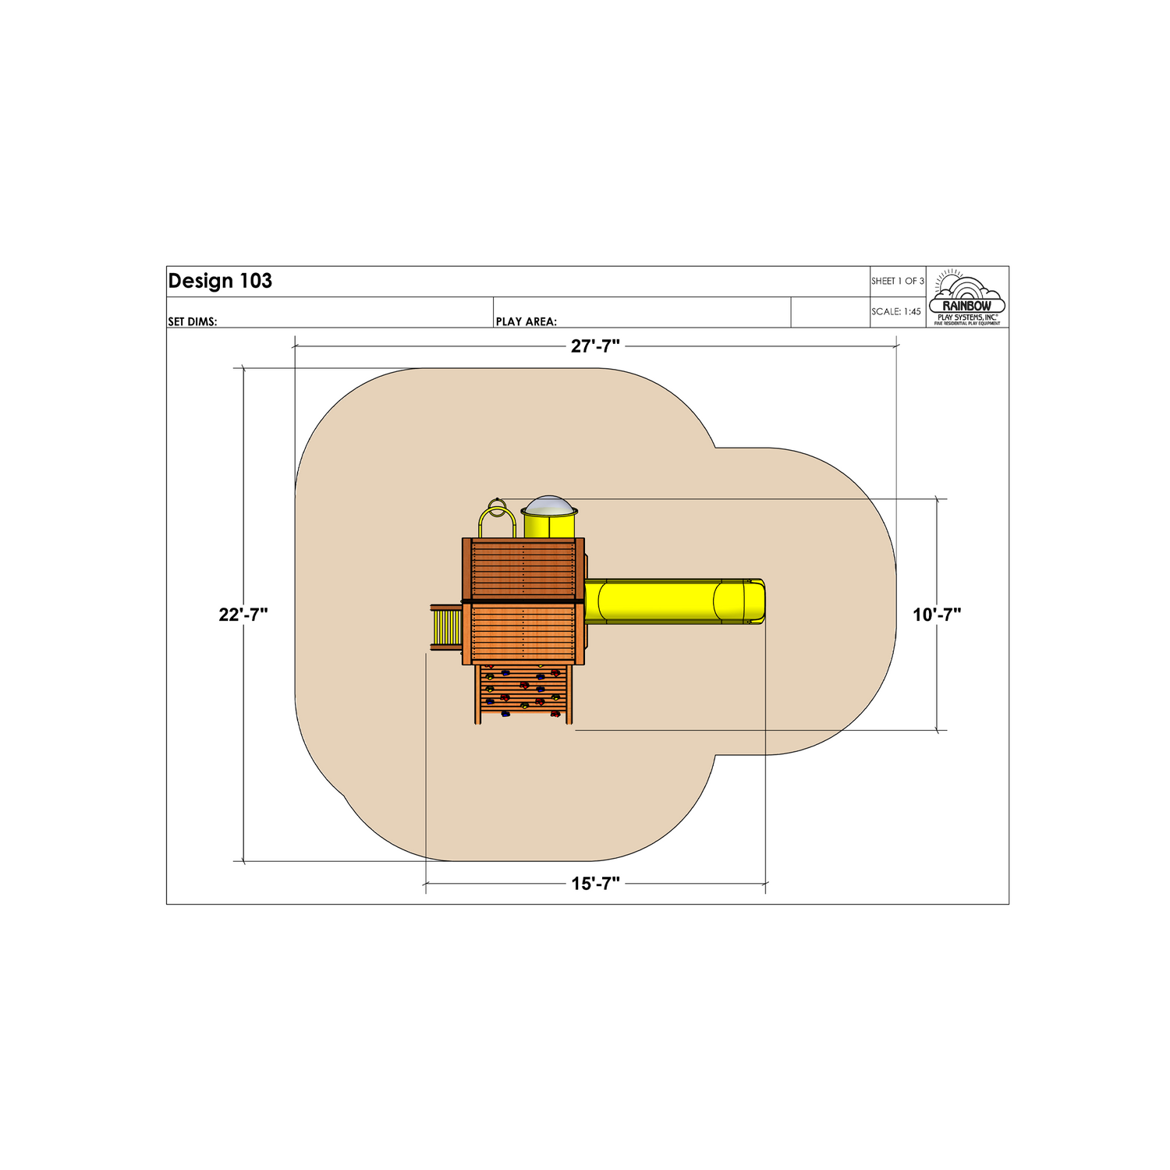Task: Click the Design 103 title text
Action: (x=220, y=281)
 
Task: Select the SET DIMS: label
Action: (x=193, y=321)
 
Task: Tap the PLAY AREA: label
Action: (x=526, y=321)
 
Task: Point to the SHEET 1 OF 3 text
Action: (x=898, y=281)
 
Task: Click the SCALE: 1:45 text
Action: (x=896, y=311)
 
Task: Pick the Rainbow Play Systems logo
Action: (x=967, y=297)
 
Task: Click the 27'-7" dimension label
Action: (x=595, y=346)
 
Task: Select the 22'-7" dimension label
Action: (x=243, y=615)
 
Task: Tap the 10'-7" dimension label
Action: (x=937, y=615)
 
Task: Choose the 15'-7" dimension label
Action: (x=595, y=884)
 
